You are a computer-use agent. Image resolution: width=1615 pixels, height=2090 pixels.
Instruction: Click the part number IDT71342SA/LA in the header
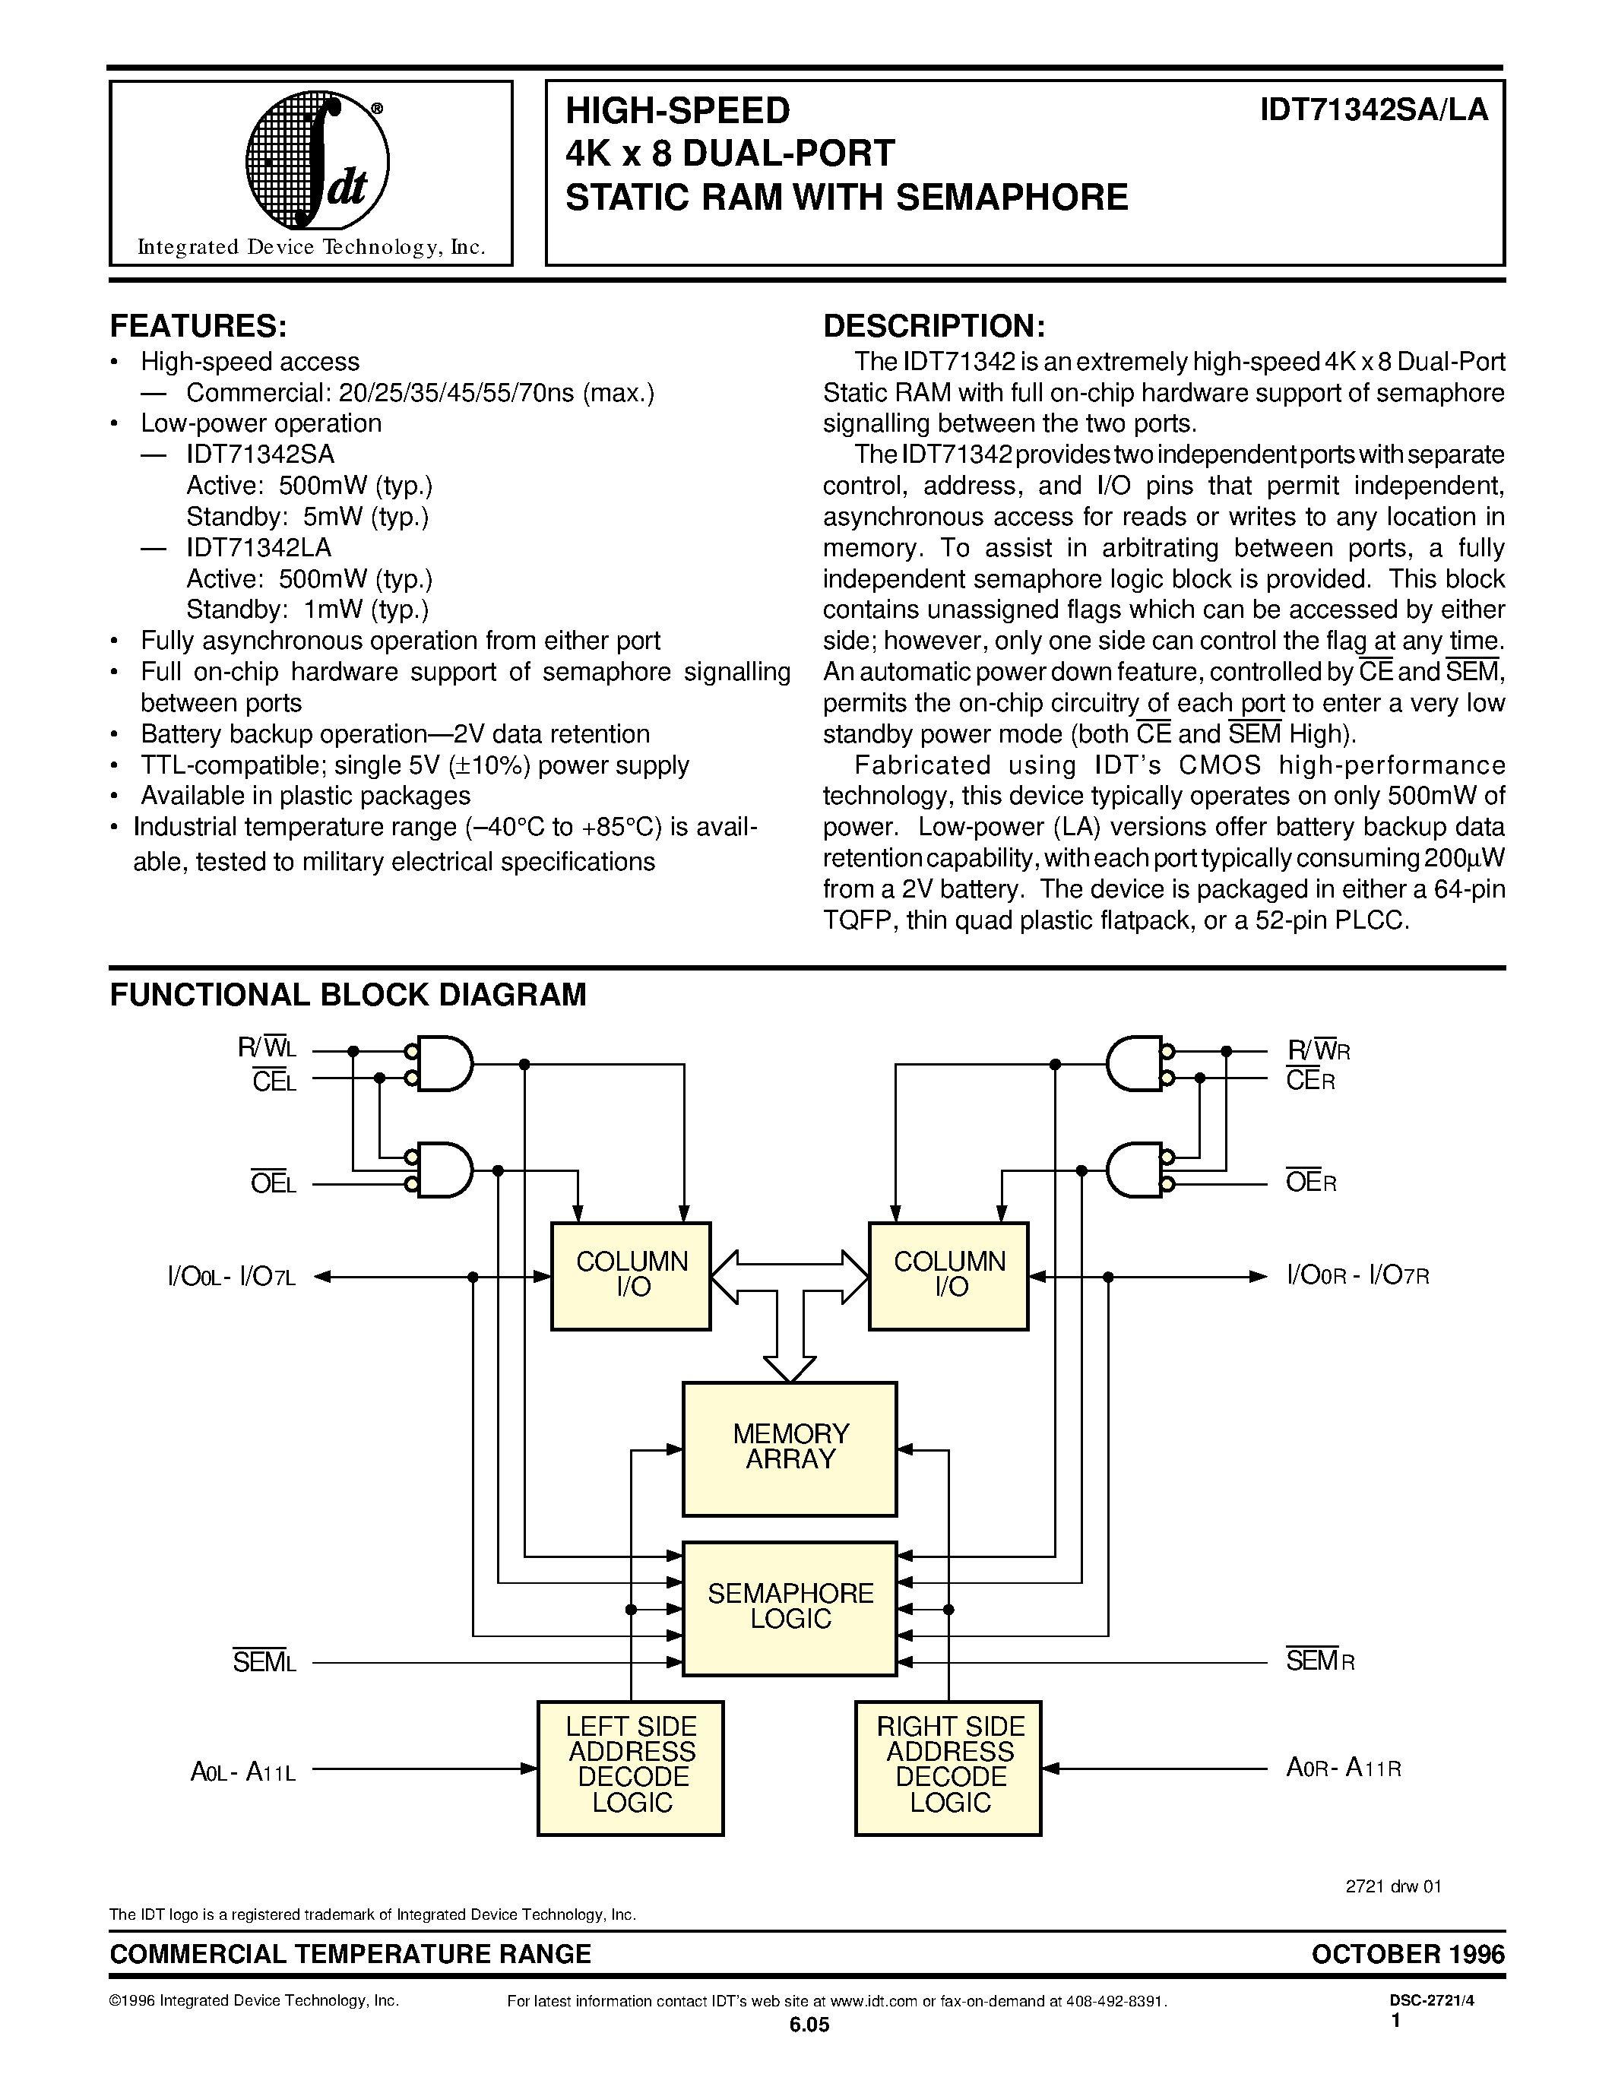coord(1374,111)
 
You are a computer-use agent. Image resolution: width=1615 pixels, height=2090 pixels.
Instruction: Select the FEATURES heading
coord(198,326)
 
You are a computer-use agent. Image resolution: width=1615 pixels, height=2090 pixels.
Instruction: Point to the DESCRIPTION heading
coord(934,326)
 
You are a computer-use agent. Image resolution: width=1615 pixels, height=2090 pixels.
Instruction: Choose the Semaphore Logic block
coord(790,1607)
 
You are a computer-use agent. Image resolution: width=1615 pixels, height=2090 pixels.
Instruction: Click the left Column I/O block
coord(632,1275)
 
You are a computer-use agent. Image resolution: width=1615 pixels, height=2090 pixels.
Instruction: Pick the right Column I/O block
coord(949,1275)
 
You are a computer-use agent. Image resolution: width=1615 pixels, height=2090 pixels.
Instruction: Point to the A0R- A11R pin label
coord(1343,1768)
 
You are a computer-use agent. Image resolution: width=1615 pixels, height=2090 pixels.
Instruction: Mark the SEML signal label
coord(264,1662)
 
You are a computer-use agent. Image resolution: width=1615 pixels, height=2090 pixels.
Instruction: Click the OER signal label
coord(1311,1182)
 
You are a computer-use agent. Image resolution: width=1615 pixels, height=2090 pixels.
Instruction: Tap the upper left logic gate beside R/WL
coord(439,1064)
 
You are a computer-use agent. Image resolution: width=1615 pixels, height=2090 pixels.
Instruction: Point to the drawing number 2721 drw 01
coord(1393,1886)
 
